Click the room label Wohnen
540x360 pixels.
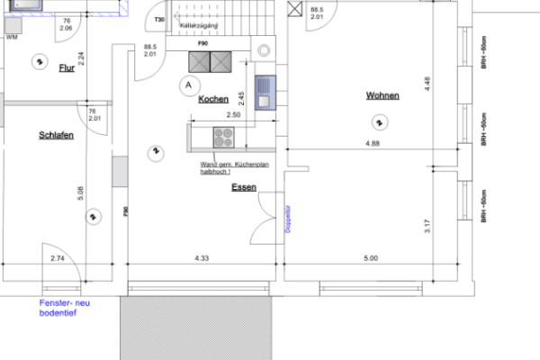382,95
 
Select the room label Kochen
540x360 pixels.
213,99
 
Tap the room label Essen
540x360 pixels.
243,187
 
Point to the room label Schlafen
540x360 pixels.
56,135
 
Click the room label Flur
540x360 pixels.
66,68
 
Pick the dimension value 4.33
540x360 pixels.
202,258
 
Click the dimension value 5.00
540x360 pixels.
371,258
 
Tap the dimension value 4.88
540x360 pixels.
372,143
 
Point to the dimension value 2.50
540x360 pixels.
232,115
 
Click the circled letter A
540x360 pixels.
187,85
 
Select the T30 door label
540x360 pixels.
159,19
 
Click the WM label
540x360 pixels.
12,39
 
